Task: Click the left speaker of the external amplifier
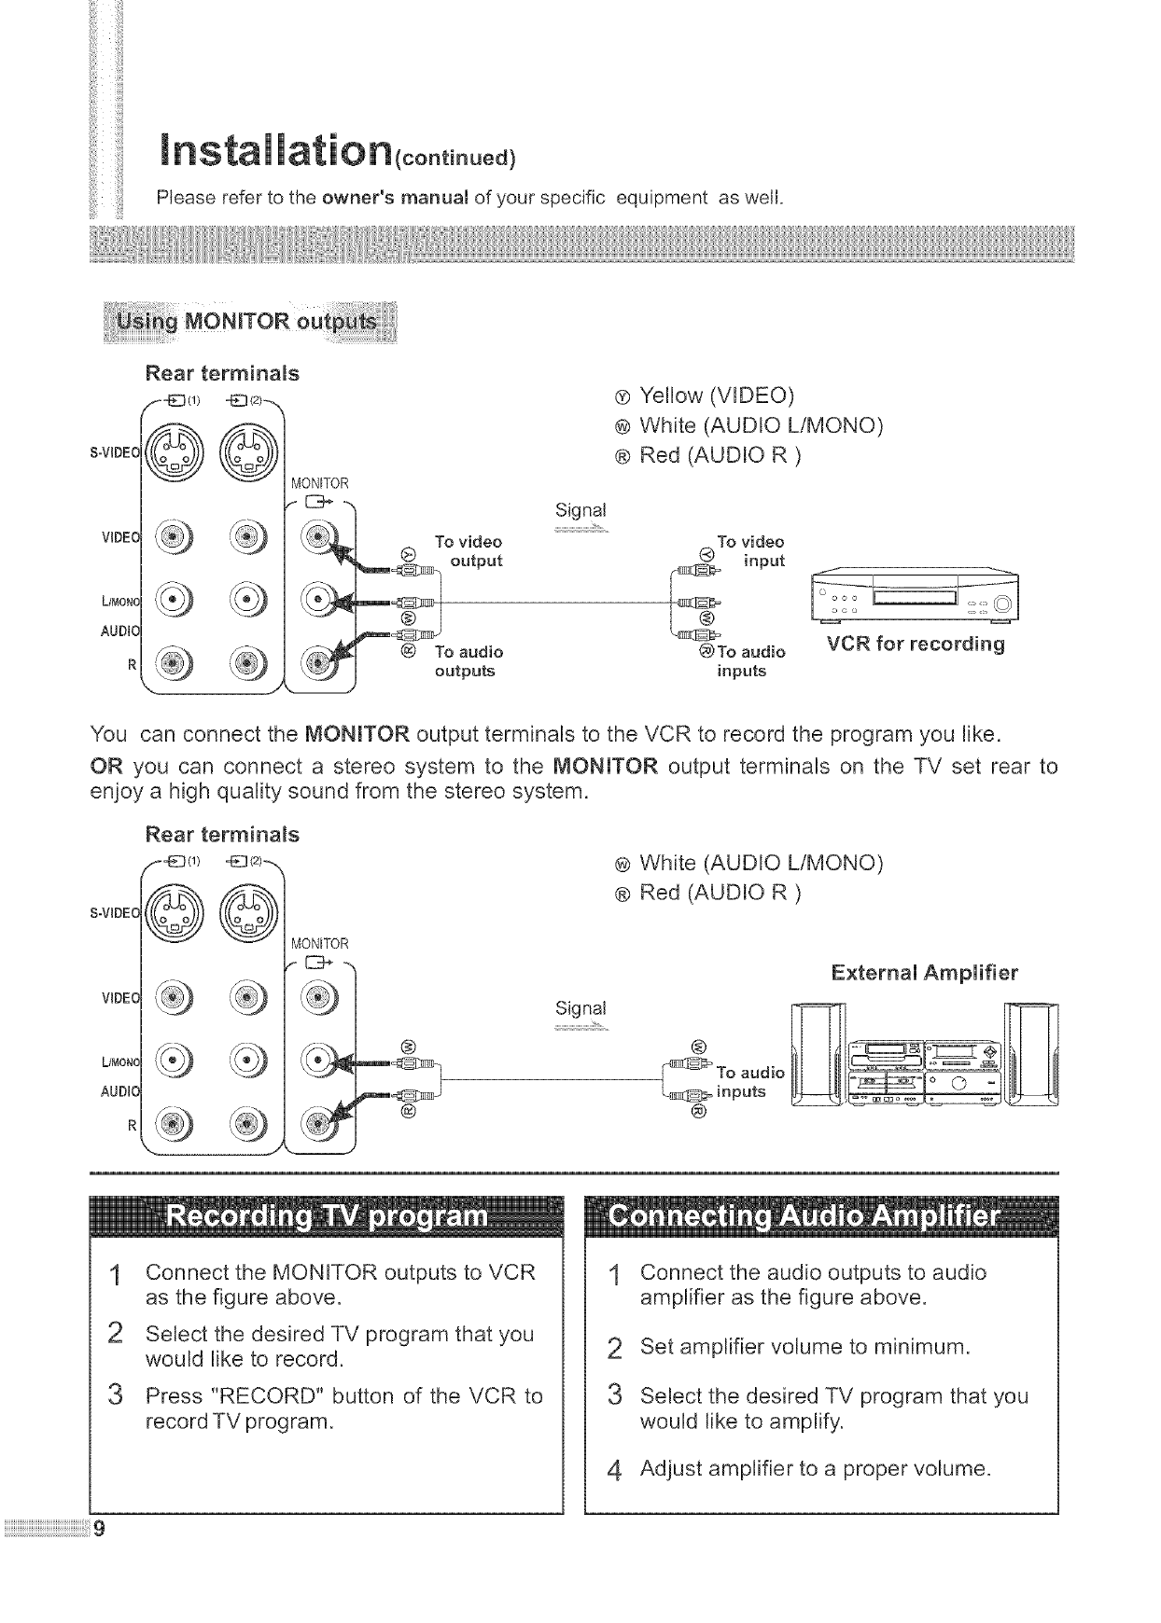(818, 1054)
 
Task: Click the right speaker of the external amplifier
(1032, 1054)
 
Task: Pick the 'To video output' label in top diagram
(469, 551)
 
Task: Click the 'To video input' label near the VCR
(756, 551)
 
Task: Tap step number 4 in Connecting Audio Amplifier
(613, 1472)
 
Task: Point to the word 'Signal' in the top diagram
(580, 510)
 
